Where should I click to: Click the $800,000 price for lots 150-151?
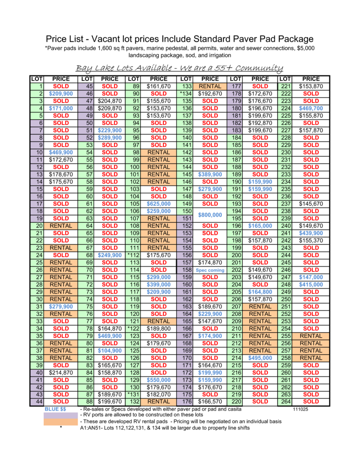(x=210, y=215)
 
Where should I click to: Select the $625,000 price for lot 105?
(x=159, y=204)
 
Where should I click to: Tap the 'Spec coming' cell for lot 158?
(x=210, y=270)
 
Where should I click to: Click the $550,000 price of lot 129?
(x=159, y=380)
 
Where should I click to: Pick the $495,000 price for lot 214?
(x=260, y=358)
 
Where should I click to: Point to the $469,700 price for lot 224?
(x=311, y=108)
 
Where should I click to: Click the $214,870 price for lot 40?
(x=61, y=373)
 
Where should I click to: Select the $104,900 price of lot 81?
(x=109, y=351)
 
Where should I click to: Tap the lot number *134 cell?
(x=185, y=94)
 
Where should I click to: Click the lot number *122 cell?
(x=133, y=329)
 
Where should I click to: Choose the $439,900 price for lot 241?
(x=311, y=233)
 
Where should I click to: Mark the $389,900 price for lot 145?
(x=210, y=175)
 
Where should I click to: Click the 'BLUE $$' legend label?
(x=55, y=410)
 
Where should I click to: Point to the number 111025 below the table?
(x=301, y=410)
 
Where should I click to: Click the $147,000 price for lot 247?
(x=311, y=277)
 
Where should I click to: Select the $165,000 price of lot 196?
(x=260, y=226)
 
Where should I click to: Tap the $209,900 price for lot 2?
(x=61, y=94)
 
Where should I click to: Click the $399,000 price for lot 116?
(x=159, y=285)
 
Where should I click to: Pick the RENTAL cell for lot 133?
(x=210, y=87)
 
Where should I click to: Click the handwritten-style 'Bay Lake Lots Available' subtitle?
(x=180, y=68)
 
